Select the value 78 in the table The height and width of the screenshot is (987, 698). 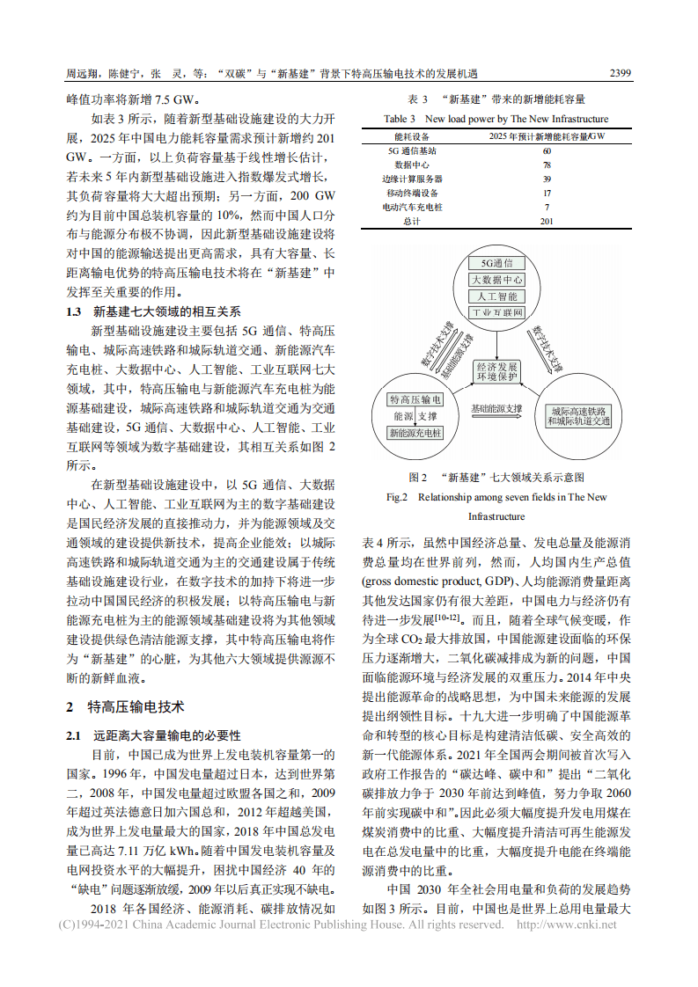pos(547,164)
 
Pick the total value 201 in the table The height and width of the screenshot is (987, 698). pos(547,221)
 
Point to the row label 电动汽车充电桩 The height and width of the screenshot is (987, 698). pos(412,207)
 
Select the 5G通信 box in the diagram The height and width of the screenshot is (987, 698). pos(496,263)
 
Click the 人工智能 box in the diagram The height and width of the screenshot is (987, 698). pos(496,296)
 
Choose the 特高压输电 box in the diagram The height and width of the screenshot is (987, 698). pos(415,399)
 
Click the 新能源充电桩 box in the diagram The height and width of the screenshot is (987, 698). pos(415,433)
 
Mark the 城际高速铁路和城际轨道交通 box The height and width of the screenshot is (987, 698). pos(577,415)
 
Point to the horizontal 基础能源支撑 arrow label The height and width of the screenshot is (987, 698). pos(496,409)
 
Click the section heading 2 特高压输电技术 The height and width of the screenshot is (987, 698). pos(125,706)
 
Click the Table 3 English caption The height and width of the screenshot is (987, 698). pos(496,118)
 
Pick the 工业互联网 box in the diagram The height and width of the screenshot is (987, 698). pos(496,312)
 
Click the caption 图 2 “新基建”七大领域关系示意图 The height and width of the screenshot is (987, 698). pos(496,477)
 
